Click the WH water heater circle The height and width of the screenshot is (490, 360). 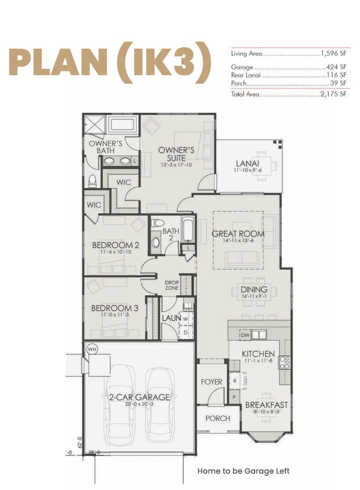click(92, 349)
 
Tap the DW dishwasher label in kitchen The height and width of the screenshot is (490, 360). click(245, 335)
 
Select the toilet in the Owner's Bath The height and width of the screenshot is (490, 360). click(92, 181)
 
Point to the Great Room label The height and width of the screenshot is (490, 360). click(238, 234)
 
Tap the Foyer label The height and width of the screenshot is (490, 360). click(211, 381)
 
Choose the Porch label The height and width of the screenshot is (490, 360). click(218, 418)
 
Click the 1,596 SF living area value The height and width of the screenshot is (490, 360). click(333, 53)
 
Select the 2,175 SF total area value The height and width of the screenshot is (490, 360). click(333, 94)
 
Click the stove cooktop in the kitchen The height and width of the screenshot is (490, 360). click(284, 362)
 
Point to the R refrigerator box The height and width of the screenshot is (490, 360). click(235, 381)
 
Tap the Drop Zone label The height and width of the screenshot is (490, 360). click(172, 285)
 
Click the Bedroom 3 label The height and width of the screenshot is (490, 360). click(115, 308)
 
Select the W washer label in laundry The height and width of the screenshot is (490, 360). click(185, 319)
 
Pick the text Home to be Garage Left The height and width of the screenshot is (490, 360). click(243, 471)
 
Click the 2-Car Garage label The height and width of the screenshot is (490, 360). click(139, 397)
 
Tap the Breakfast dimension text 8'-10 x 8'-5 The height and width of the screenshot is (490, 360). click(266, 411)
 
